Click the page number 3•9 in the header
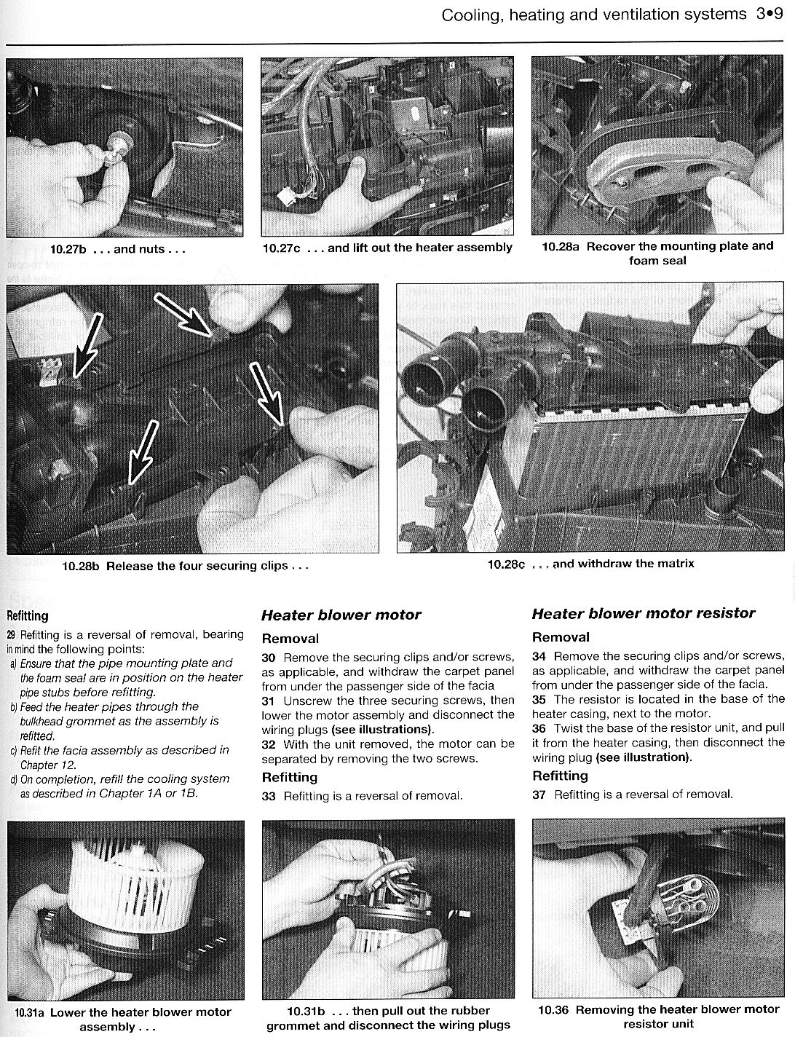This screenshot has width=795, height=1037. (769, 15)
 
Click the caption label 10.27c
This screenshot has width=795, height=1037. (281, 248)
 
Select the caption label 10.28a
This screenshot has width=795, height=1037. (561, 246)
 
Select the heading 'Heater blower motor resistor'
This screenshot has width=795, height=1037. (644, 613)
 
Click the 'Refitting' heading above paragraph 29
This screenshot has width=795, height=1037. (27, 616)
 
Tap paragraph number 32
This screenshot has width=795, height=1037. (268, 744)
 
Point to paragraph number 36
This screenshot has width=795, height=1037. (539, 728)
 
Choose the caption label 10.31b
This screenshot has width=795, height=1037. (305, 1011)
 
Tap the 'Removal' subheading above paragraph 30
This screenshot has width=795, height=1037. (290, 639)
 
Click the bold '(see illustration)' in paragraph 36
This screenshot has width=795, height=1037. (642, 757)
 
